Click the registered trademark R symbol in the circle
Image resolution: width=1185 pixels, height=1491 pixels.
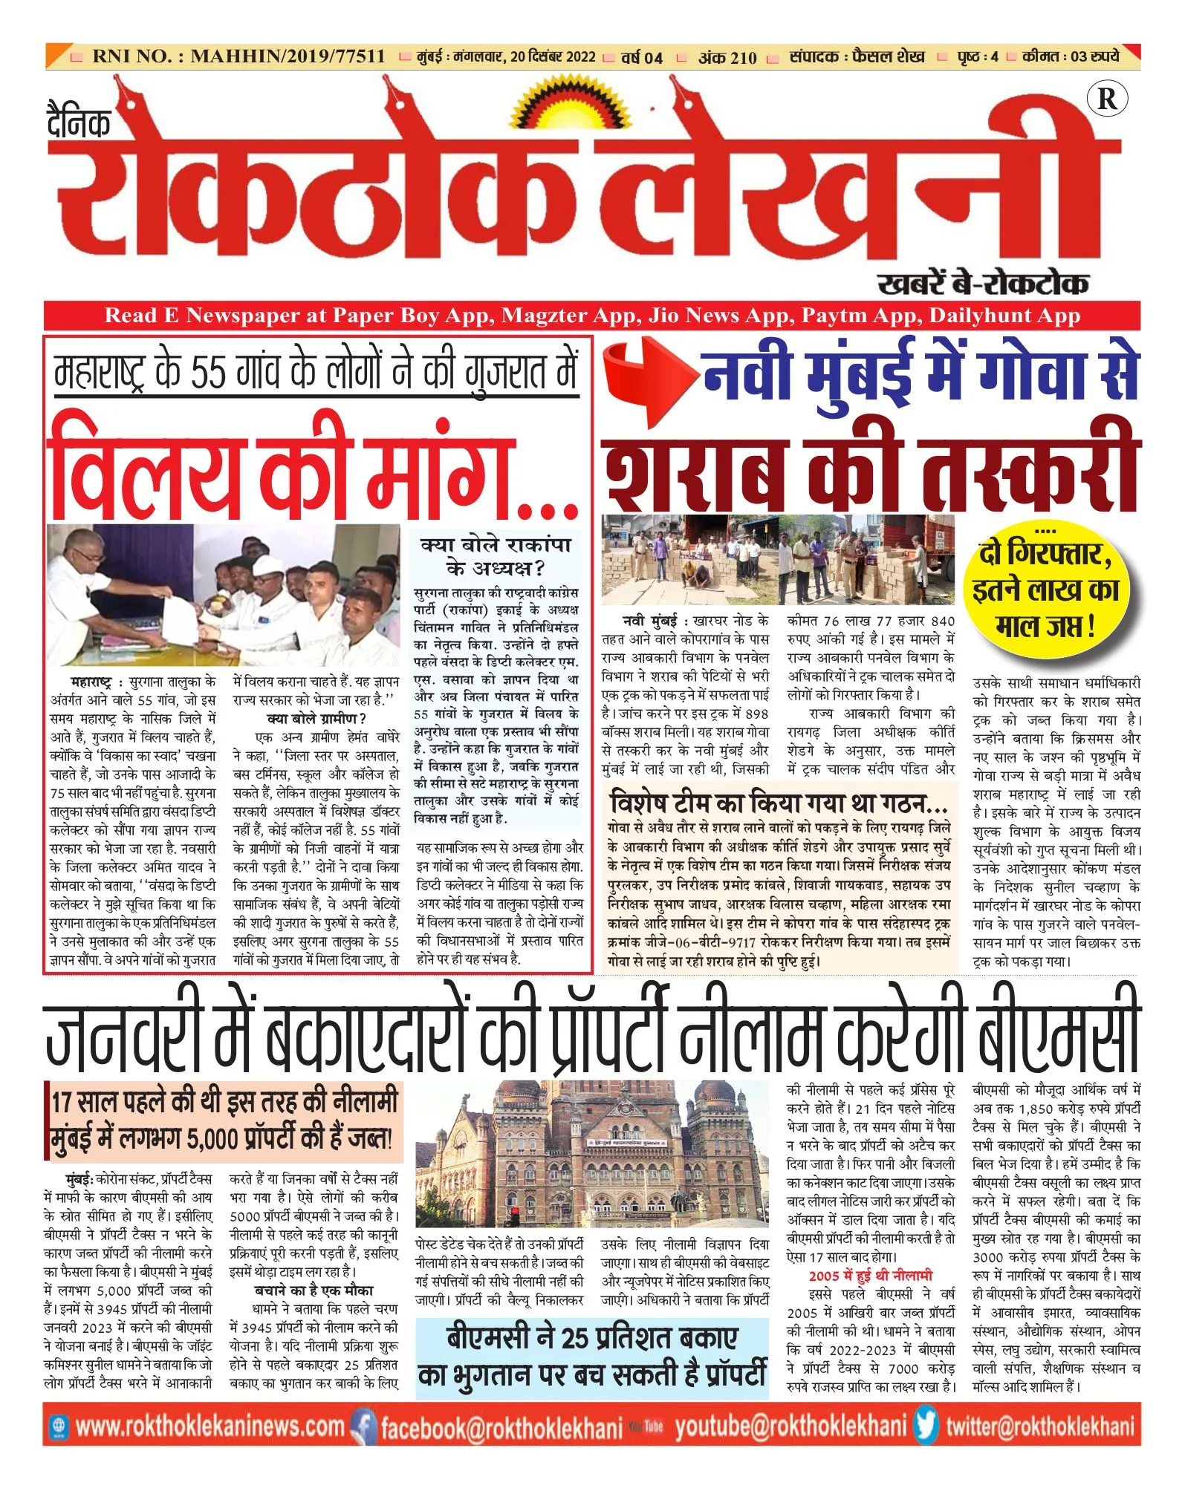(x=1106, y=99)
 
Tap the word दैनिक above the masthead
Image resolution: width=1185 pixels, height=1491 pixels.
(x=79, y=123)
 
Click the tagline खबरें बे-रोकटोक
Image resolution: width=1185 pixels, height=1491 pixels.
(x=982, y=284)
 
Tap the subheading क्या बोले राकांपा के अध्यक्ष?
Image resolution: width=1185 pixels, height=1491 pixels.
(x=496, y=557)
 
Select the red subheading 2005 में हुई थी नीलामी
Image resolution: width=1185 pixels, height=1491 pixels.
(x=870, y=1276)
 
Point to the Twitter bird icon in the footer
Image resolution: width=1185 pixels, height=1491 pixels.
(x=926, y=1426)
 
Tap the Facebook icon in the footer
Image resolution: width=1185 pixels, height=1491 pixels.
(x=363, y=1426)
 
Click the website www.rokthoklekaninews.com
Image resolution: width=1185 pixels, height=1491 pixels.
(x=210, y=1426)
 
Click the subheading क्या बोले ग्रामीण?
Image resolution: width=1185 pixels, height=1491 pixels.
(x=316, y=719)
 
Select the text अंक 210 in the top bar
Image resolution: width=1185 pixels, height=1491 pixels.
(x=727, y=57)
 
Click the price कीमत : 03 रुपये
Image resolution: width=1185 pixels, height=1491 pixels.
(x=1070, y=56)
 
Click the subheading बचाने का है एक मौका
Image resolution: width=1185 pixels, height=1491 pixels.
(x=314, y=1291)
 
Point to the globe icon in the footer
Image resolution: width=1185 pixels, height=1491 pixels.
(x=59, y=1426)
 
